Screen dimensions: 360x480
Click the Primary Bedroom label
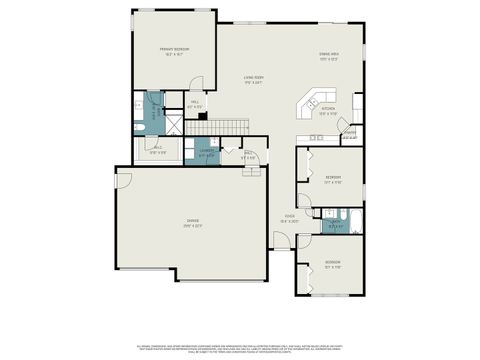pyautogui.click(x=174, y=50)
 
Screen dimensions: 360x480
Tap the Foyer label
pyautogui.click(x=288, y=218)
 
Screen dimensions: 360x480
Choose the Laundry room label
pyautogui.click(x=207, y=154)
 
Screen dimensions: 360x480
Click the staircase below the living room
pyautogui.click(x=229, y=124)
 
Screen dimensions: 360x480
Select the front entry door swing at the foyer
pyautogui.click(x=284, y=241)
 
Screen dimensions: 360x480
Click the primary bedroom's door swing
pyautogui.click(x=197, y=84)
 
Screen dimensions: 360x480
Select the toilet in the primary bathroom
pyautogui.click(x=140, y=128)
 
